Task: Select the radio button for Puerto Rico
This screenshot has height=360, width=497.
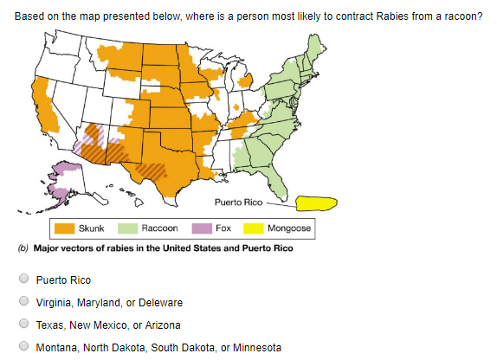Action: click(x=24, y=280)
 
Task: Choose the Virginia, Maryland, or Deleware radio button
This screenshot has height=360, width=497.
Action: click(x=24, y=303)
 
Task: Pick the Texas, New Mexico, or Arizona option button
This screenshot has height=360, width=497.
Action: click(x=24, y=325)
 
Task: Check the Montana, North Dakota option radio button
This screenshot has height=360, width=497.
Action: click(x=24, y=348)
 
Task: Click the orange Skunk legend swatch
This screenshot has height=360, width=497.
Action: click(x=65, y=228)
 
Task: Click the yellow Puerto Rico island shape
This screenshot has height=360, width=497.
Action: click(x=315, y=203)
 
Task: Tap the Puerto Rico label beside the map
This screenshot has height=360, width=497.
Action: click(x=239, y=202)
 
